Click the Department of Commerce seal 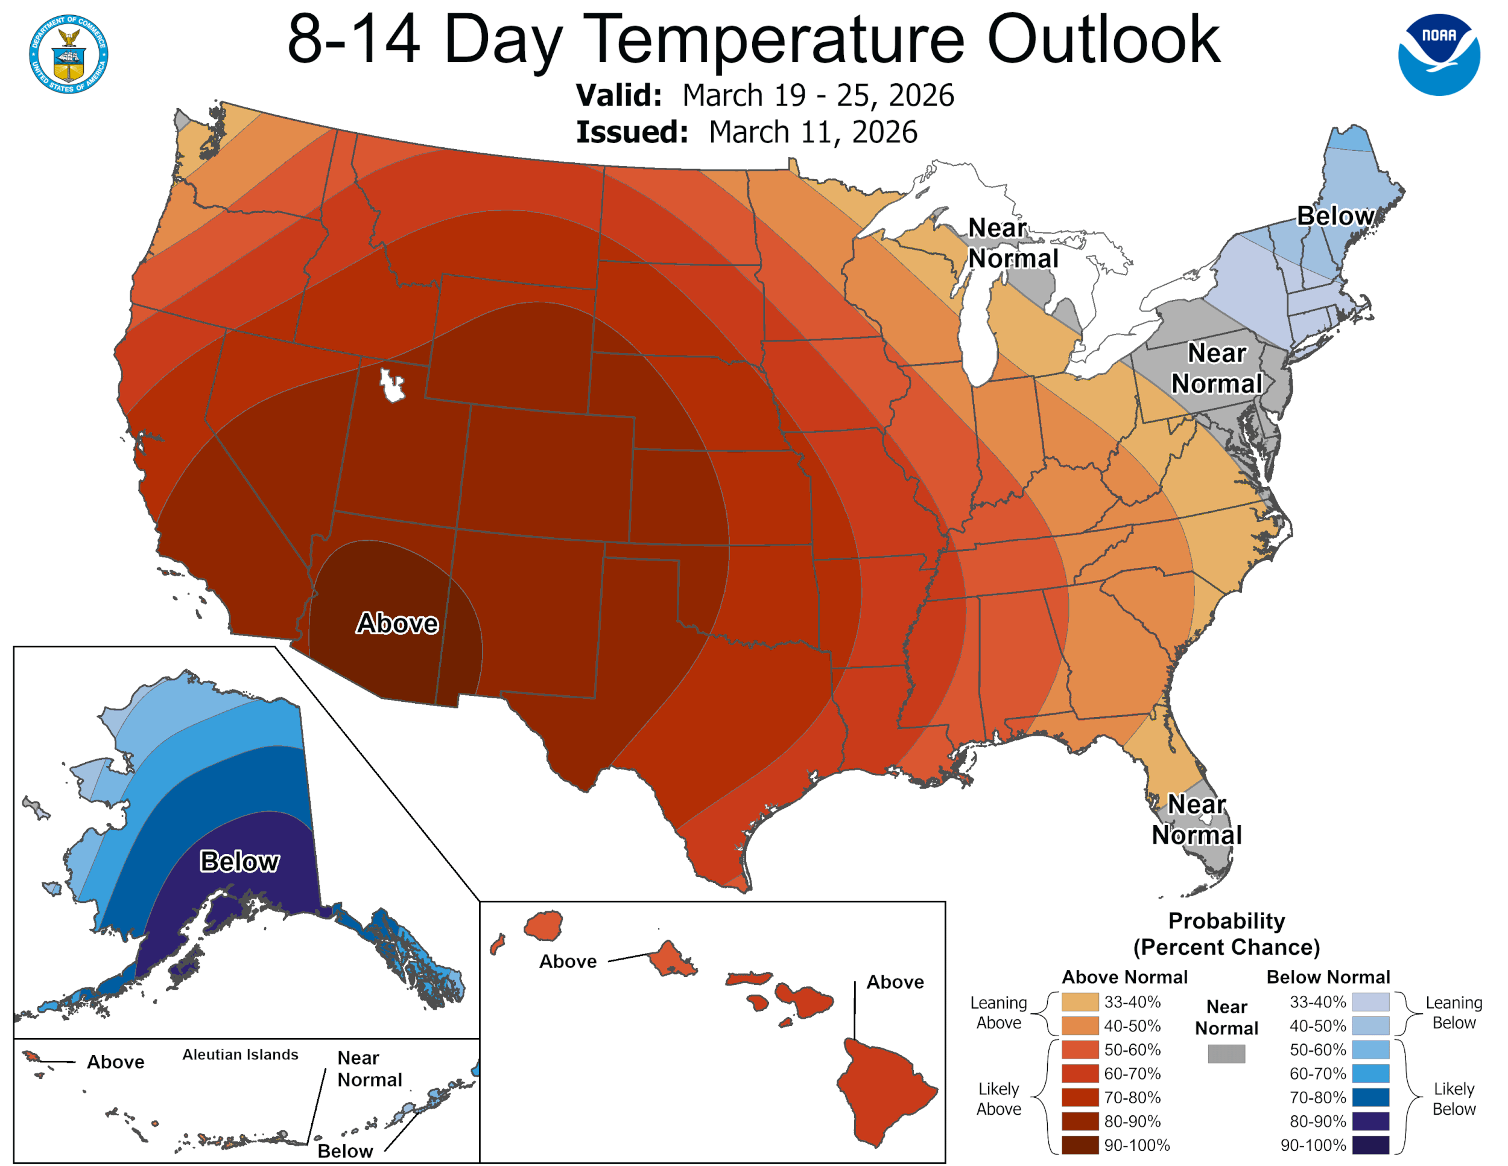click(68, 53)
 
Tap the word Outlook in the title click(1103, 39)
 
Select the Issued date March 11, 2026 click(813, 132)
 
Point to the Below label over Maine click(1334, 215)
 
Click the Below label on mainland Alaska click(239, 861)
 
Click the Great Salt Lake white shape click(391, 385)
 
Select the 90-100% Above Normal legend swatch click(1080, 1145)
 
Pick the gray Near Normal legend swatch click(1226, 1053)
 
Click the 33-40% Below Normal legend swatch click(1370, 1002)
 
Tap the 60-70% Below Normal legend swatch click(1370, 1074)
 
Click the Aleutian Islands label click(240, 1054)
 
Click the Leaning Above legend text click(998, 1012)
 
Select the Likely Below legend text click(1454, 1098)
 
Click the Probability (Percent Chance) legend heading click(1226, 933)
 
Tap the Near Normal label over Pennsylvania click(1217, 368)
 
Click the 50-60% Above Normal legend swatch click(1080, 1050)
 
